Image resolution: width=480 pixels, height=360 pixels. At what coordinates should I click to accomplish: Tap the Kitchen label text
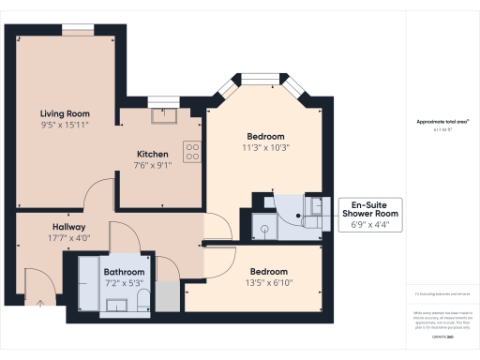click(x=152, y=154)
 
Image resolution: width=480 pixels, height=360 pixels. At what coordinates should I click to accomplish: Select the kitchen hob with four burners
click(x=191, y=152)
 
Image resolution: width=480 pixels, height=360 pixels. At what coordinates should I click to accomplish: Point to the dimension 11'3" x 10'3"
click(x=264, y=146)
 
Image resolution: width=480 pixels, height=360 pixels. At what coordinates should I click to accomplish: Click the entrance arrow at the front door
click(x=41, y=303)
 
